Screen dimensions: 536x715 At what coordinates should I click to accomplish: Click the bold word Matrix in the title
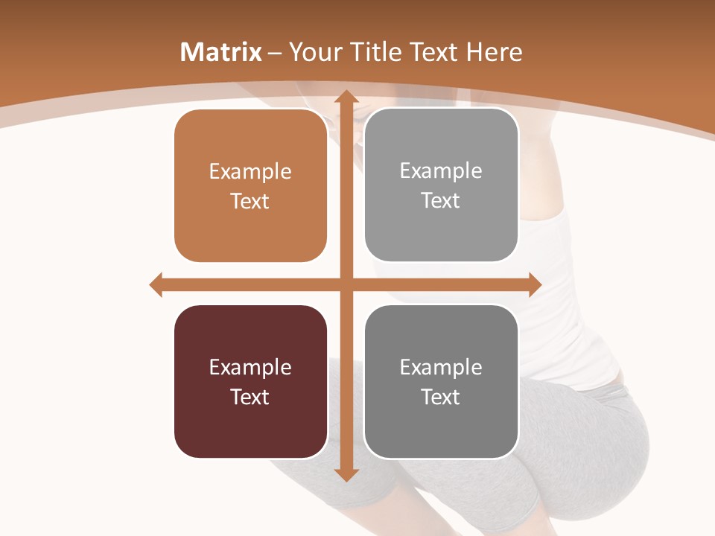pyautogui.click(x=221, y=52)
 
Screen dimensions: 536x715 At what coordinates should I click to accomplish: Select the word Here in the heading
pyautogui.click(x=495, y=52)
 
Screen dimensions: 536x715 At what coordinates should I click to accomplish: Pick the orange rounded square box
pyautogui.click(x=250, y=186)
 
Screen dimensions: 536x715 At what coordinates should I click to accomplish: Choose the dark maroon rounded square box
pyautogui.click(x=250, y=381)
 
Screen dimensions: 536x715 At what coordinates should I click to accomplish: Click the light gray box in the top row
pyautogui.click(x=441, y=185)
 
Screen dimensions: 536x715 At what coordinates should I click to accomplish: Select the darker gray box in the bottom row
pyautogui.click(x=441, y=381)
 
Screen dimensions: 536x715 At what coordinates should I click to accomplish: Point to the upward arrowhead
pyautogui.click(x=346, y=97)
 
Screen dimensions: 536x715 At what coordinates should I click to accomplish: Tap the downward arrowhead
pyautogui.click(x=346, y=474)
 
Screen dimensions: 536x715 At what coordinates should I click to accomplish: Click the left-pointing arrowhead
pyautogui.click(x=156, y=284)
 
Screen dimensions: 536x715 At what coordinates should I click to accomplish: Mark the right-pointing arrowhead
pyautogui.click(x=534, y=284)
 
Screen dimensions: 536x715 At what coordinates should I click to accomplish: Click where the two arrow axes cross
pyautogui.click(x=346, y=284)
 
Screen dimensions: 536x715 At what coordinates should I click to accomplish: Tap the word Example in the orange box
pyautogui.click(x=250, y=172)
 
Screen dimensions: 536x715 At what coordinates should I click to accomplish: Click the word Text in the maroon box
pyautogui.click(x=250, y=397)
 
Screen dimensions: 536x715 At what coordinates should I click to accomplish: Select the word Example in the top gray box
pyautogui.click(x=441, y=171)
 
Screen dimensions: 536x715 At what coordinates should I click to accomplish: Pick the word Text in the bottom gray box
pyautogui.click(x=441, y=397)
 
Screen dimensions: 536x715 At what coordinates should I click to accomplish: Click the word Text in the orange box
pyautogui.click(x=250, y=201)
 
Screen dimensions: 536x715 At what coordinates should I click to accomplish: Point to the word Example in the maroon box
pyautogui.click(x=250, y=367)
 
